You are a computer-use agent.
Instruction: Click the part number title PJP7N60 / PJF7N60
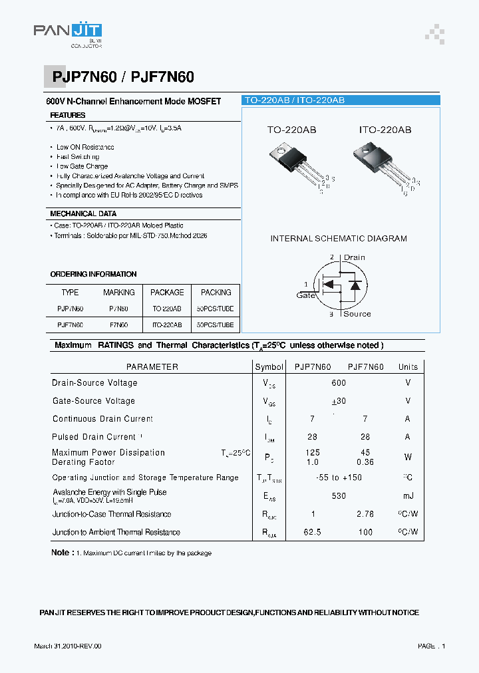pos(122,77)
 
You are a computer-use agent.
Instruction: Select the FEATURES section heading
pos(67,115)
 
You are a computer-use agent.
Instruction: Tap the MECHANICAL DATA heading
pos(83,213)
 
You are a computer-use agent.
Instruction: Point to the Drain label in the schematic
pos(354,257)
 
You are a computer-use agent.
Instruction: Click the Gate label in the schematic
pos(306,295)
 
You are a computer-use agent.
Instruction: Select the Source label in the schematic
pos(357,314)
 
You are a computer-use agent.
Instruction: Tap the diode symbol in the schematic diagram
pos(355,285)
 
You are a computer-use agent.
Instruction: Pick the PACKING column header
pos(216,292)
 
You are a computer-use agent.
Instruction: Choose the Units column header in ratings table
pos(408,366)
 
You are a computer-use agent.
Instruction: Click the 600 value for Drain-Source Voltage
pos(339,383)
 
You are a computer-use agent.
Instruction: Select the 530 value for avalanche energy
pos(339,496)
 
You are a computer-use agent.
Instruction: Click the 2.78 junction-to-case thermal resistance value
pos(365,514)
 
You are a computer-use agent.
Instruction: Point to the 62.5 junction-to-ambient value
pos(312,532)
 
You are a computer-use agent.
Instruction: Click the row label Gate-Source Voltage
pos(94,401)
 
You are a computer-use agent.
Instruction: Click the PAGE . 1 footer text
pos(432,646)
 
